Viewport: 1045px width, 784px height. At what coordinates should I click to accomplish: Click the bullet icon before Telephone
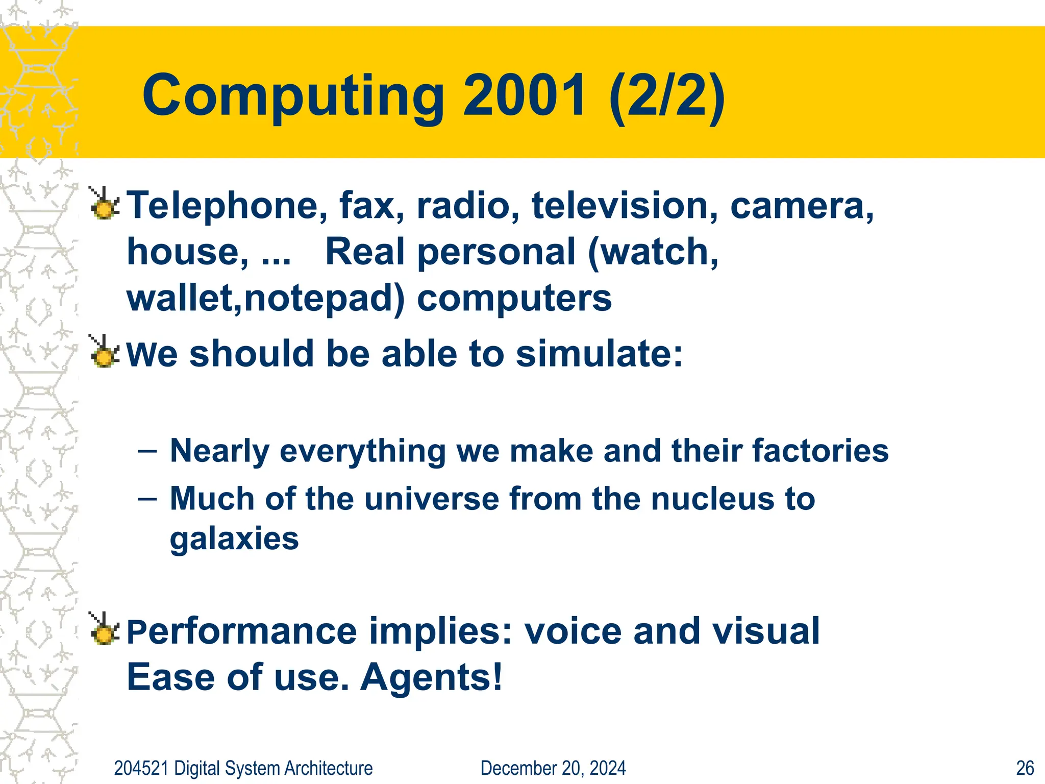coord(105,204)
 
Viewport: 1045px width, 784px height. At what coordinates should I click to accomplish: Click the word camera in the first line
coord(802,205)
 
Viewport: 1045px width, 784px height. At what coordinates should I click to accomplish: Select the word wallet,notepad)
coord(265,298)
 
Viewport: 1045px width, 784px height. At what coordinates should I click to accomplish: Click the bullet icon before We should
coord(105,352)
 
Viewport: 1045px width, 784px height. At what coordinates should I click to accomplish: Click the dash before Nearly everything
coord(147,451)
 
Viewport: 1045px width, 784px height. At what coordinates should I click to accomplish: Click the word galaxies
coord(234,539)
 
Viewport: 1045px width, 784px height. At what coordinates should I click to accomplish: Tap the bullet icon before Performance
coord(105,629)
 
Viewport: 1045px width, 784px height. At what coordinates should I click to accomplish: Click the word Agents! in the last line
coord(432,677)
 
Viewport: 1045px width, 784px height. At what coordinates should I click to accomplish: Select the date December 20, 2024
coord(553,768)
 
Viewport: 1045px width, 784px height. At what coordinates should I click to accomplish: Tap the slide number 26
coord(1025,768)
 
